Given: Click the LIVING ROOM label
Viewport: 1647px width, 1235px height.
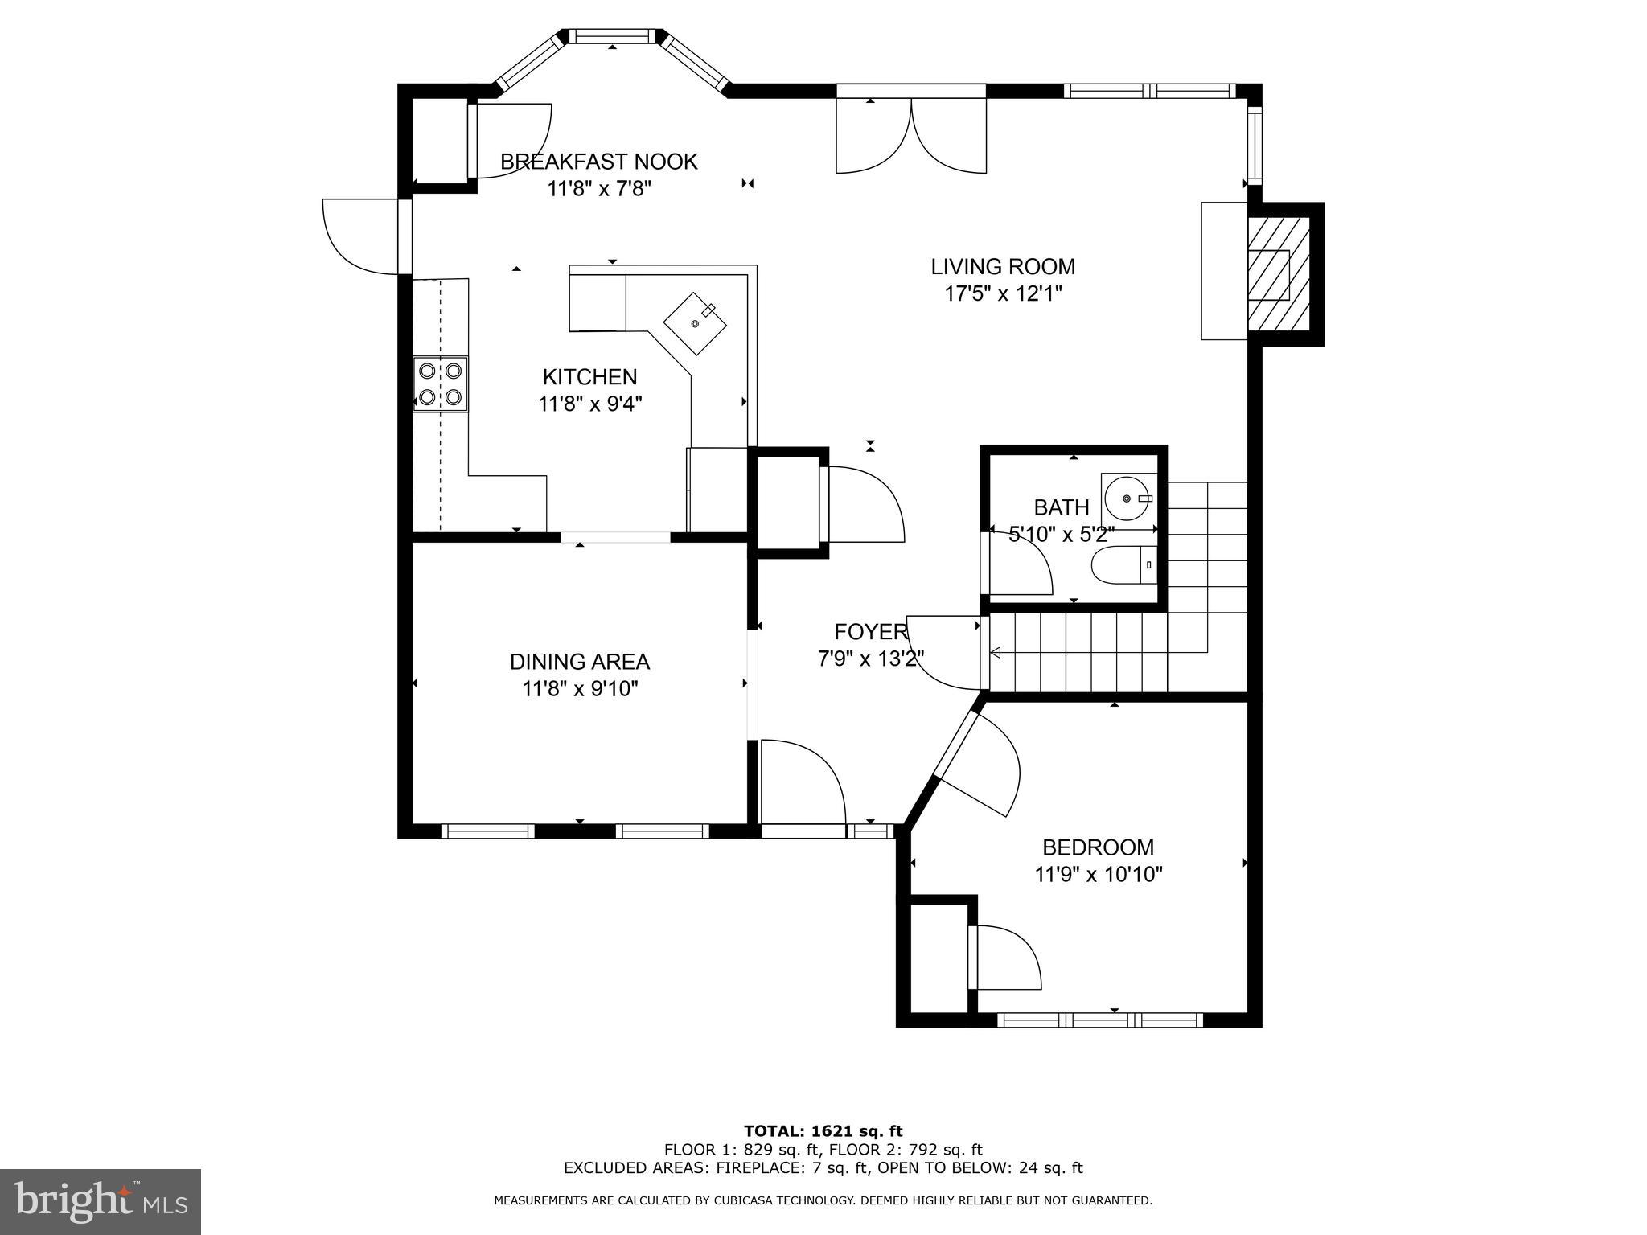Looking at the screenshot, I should (1002, 266).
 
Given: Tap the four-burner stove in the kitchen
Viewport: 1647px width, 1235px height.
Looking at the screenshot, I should (440, 384).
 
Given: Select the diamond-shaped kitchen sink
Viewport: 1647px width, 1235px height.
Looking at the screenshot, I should (695, 323).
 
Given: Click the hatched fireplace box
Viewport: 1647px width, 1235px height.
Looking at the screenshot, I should (1279, 274).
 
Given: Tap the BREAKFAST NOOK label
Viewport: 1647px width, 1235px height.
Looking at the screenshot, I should (598, 162).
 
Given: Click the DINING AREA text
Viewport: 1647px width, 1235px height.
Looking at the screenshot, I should (579, 662).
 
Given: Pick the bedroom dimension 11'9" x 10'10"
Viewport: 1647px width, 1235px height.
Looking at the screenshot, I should (1098, 874).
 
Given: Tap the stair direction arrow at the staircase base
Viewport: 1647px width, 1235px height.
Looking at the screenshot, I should (995, 653).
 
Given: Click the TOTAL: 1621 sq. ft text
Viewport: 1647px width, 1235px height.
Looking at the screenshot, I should (823, 1132).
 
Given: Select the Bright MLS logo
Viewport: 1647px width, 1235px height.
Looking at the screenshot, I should (100, 1201).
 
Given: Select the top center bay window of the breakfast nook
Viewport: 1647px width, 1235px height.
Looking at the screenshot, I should (613, 36).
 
